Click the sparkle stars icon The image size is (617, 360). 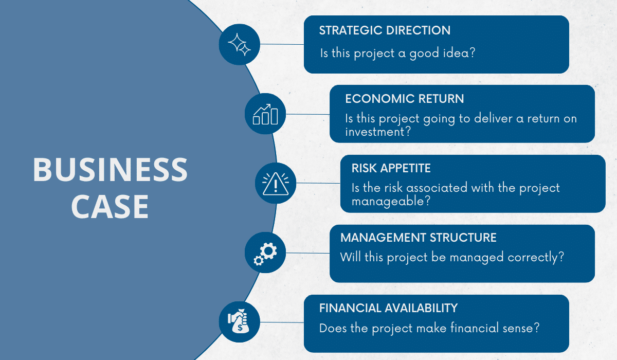point(239,45)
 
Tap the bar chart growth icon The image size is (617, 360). point(265,114)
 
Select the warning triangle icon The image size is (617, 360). point(276,184)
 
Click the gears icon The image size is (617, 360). point(265,254)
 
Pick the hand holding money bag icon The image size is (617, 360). point(239,320)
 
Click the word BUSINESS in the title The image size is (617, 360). point(110,169)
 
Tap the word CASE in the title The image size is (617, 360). point(110,207)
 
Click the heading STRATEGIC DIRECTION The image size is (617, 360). point(385,30)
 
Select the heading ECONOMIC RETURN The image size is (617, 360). point(404,99)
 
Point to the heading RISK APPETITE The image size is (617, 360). point(391,168)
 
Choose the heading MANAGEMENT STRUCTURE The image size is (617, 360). point(418,238)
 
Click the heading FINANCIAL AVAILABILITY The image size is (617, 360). point(388,308)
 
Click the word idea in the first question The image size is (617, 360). point(456,52)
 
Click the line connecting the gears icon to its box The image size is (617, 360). point(307,253)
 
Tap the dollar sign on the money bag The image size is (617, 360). point(240,328)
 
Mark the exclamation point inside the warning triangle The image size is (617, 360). point(276,186)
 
